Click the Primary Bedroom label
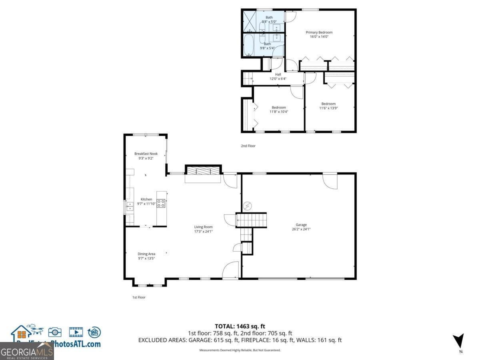tap(319, 32)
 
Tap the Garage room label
tap(301, 225)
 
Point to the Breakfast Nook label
tap(146, 154)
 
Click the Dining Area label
tap(146, 254)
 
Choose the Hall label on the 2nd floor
tap(278, 74)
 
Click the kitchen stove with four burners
tap(161, 203)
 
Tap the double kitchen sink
tap(130, 206)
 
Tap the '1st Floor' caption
tap(139, 297)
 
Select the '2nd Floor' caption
tap(248, 146)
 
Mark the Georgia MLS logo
tap(27, 352)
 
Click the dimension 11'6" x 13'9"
tap(328, 108)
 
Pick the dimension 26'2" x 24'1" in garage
tap(301, 229)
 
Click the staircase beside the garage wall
tap(251, 220)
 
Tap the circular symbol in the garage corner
tap(248, 206)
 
